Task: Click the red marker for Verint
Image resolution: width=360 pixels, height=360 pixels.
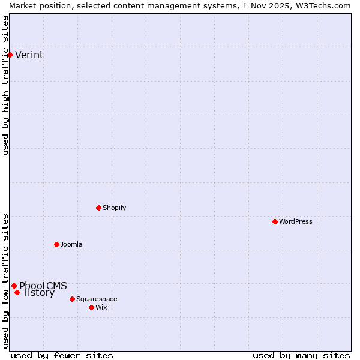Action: tap(10, 55)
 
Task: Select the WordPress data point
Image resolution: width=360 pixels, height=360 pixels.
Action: tap(275, 221)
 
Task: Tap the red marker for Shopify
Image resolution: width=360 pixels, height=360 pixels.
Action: tap(98, 208)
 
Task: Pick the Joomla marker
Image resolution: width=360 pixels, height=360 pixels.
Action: tap(56, 244)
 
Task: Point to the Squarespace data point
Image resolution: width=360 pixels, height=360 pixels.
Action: tap(72, 299)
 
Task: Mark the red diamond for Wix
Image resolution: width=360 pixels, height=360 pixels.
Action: tap(91, 307)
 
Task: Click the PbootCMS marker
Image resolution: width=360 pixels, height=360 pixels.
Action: tap(14, 286)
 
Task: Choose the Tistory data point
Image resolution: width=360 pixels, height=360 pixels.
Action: tap(17, 293)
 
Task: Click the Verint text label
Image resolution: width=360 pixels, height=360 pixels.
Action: tap(29, 55)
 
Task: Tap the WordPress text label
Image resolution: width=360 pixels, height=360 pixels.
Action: tap(296, 221)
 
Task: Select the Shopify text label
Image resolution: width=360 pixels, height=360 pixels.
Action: tap(115, 208)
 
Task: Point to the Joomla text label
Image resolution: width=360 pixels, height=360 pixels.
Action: tap(71, 244)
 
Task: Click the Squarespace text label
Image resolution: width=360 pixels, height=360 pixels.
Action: tap(97, 299)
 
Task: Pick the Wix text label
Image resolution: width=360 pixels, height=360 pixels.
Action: tap(101, 307)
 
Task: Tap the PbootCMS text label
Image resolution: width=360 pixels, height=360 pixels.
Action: tap(43, 286)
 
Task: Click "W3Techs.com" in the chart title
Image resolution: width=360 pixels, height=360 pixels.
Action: tap(322, 5)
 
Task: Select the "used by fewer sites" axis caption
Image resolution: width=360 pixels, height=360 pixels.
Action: tap(62, 355)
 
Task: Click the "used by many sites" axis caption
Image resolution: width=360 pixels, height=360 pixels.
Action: tap(301, 355)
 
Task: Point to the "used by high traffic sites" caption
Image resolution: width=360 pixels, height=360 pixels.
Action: tap(6, 85)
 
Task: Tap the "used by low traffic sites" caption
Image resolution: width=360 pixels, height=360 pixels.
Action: tap(6, 281)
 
